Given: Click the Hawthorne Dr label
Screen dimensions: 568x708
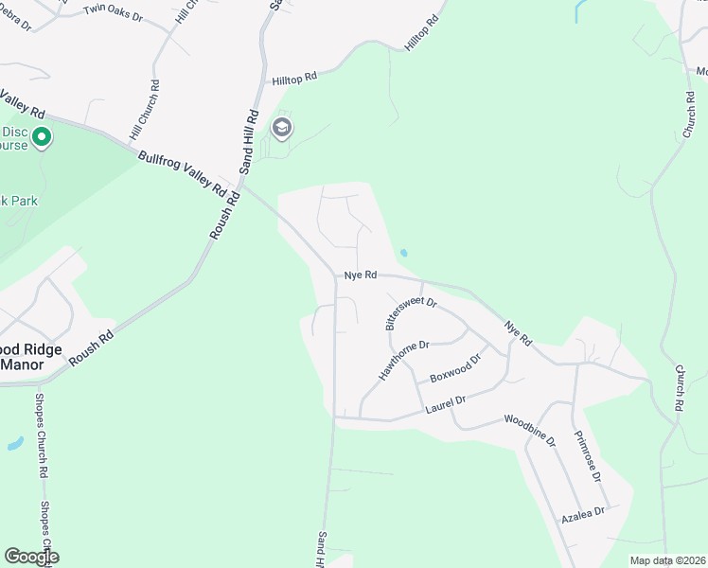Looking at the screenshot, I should pyautogui.click(x=404, y=361).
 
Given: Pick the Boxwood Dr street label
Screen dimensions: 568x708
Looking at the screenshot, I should pyautogui.click(x=455, y=365).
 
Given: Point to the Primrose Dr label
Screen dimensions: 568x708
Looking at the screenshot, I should pyautogui.click(x=588, y=457).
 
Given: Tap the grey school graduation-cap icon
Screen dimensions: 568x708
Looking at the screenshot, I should pyautogui.click(x=281, y=129).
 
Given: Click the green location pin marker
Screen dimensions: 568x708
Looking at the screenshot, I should pyautogui.click(x=42, y=139).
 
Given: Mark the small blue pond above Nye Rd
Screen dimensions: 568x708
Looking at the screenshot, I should pyautogui.click(x=404, y=253).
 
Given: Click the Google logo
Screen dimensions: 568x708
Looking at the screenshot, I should pyautogui.click(x=31, y=557).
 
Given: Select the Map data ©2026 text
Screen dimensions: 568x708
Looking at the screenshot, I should pyautogui.click(x=667, y=560).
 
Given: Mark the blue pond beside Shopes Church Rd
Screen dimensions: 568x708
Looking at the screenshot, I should pyautogui.click(x=15, y=443).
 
